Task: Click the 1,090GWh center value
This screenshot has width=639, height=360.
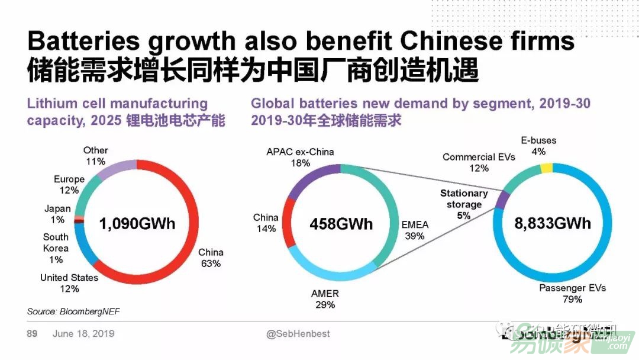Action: tap(137, 224)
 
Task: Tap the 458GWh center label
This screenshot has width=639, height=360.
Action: tap(341, 224)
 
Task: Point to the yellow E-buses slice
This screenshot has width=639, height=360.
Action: tap(546, 168)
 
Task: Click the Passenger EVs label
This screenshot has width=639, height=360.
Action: tap(572, 288)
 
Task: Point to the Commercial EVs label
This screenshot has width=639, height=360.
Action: tap(479, 157)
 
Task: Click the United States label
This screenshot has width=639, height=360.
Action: tap(69, 278)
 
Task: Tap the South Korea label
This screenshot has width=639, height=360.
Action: tap(56, 243)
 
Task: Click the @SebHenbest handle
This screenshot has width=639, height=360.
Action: tap(298, 334)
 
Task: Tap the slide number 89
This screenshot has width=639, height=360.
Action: tap(32, 334)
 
